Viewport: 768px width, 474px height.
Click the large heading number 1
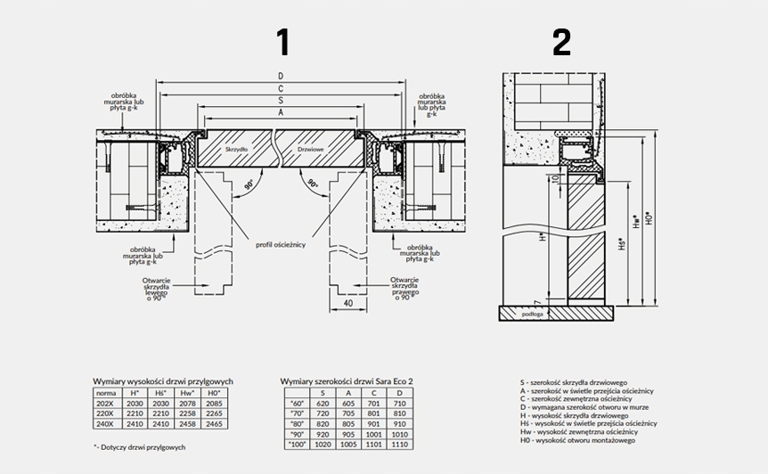coord(282,43)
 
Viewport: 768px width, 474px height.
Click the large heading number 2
coord(561,43)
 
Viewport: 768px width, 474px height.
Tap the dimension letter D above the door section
coord(281,77)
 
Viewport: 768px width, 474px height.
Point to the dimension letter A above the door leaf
coord(281,114)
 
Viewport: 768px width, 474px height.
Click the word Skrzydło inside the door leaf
coord(236,150)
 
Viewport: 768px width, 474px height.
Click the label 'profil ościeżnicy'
coord(282,244)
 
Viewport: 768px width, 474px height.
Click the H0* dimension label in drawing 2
coord(660,215)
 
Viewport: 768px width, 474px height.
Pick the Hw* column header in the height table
coord(187,392)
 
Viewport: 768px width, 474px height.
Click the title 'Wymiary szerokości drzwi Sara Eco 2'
coord(347,380)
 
